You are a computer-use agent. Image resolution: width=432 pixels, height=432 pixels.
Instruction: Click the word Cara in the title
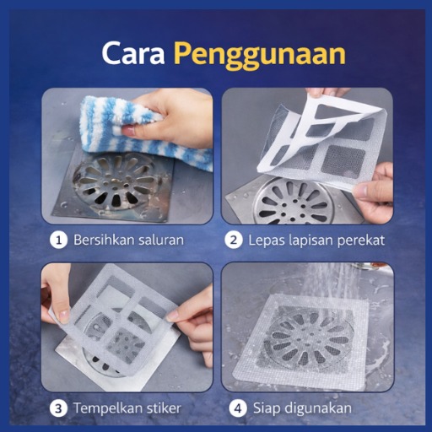click(x=133, y=53)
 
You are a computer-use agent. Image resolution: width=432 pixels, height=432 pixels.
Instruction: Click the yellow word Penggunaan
click(x=259, y=55)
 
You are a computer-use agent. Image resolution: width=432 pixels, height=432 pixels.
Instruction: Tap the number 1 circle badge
click(x=58, y=240)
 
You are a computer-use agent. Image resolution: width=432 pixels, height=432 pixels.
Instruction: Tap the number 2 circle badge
click(x=234, y=240)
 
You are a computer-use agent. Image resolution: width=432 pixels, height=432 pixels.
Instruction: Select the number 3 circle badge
click(x=58, y=408)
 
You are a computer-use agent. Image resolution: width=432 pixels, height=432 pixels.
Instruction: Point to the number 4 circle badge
click(x=238, y=408)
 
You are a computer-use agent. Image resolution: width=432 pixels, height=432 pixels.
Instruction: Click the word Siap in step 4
click(x=267, y=408)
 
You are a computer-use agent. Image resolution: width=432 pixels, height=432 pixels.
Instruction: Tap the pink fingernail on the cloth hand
click(x=128, y=131)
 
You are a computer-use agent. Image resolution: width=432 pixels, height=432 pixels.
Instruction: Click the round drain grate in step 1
click(x=112, y=183)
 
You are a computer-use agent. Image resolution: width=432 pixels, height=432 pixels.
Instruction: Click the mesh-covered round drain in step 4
click(x=308, y=337)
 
